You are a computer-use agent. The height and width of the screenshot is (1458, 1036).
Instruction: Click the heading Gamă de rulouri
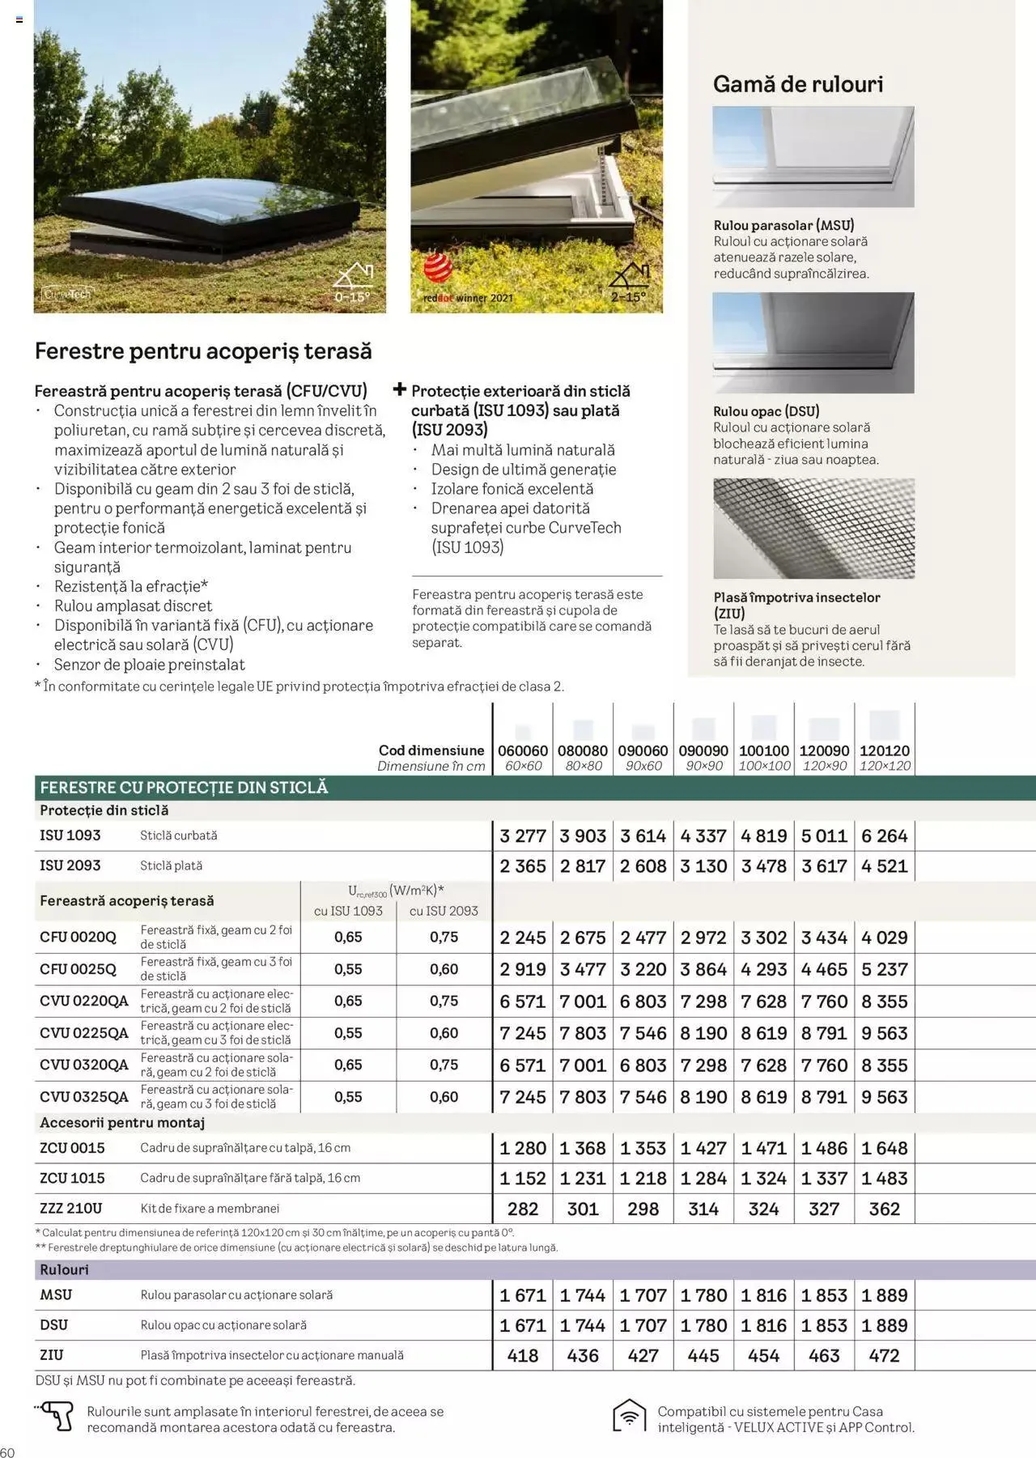pyautogui.click(x=797, y=84)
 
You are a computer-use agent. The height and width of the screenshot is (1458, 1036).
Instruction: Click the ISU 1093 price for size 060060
pyautogui.click(x=523, y=835)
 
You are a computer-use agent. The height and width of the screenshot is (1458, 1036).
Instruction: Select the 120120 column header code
pyautogui.click(x=884, y=750)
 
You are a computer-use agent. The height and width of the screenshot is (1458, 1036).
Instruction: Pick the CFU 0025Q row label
pyautogui.click(x=78, y=969)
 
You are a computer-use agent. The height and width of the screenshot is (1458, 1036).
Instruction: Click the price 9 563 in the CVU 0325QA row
pyautogui.click(x=884, y=1097)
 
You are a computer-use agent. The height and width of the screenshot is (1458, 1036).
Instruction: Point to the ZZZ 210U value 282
pyautogui.click(x=523, y=1209)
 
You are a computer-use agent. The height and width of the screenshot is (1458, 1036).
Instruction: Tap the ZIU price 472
pyautogui.click(x=884, y=1355)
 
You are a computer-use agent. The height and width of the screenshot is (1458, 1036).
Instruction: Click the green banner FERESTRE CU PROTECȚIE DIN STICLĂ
pyautogui.click(x=184, y=787)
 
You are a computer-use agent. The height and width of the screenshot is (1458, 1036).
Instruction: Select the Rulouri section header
pyautogui.click(x=64, y=1269)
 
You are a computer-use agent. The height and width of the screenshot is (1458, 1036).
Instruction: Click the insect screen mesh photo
pyautogui.click(x=813, y=528)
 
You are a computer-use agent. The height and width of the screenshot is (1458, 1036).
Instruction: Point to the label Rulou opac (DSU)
pyautogui.click(x=766, y=410)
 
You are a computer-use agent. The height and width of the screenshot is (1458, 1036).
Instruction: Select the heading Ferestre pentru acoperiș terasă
pyautogui.click(x=203, y=351)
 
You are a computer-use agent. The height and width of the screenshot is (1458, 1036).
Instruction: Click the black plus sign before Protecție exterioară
pyautogui.click(x=399, y=389)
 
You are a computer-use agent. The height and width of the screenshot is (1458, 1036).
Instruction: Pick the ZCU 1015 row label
pyautogui.click(x=72, y=1178)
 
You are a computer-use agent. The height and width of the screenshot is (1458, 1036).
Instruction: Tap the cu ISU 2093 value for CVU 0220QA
pyautogui.click(x=444, y=1001)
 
